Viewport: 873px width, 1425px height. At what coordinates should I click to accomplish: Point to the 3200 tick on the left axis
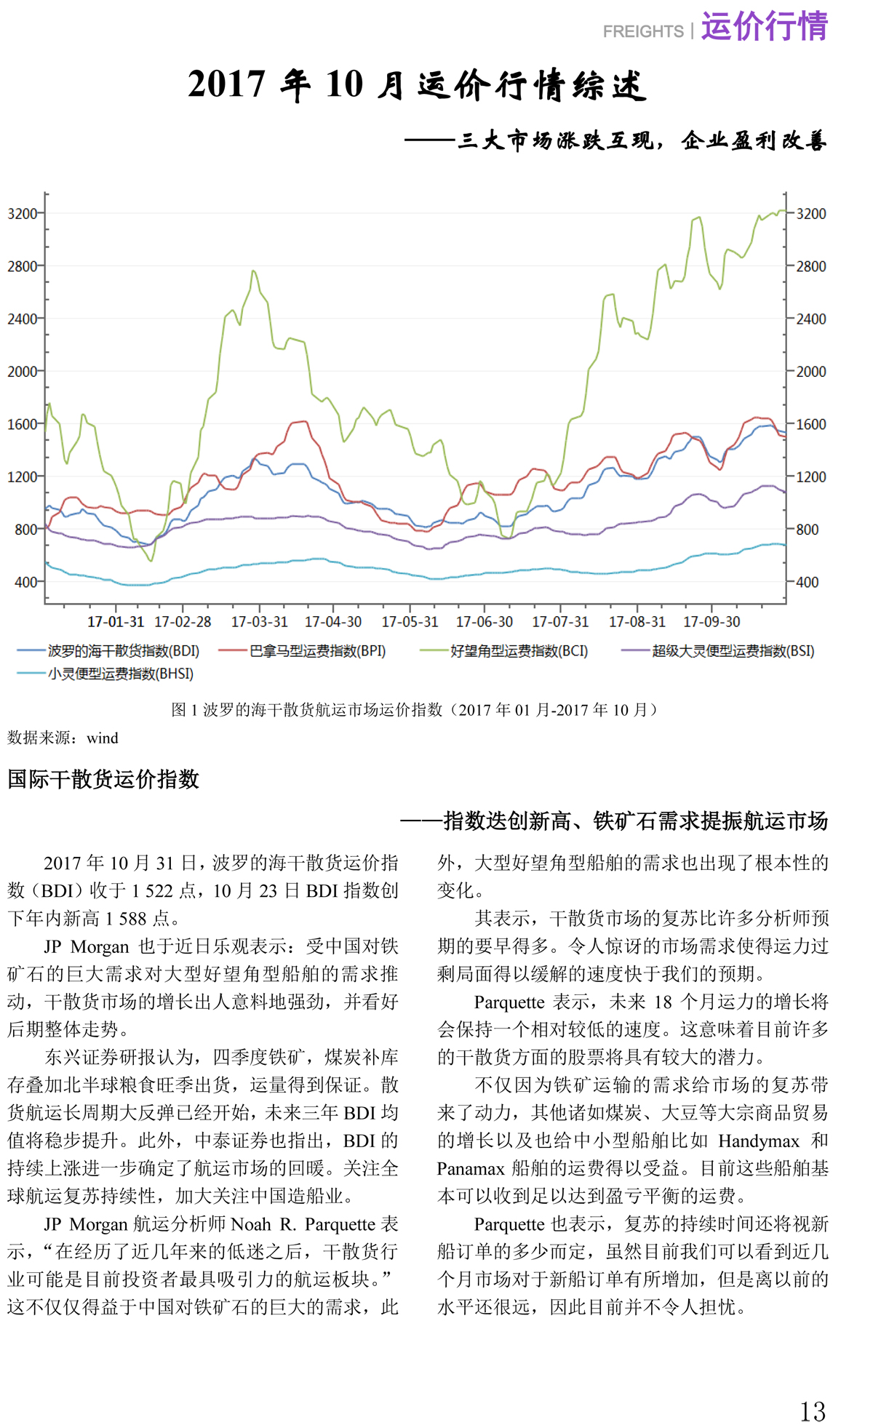(x=22, y=214)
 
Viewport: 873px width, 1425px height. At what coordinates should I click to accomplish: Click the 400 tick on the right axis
(x=811, y=582)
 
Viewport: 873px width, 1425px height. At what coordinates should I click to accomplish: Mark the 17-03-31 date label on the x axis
(x=260, y=622)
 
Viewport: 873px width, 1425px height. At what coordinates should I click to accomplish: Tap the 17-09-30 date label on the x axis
(x=711, y=622)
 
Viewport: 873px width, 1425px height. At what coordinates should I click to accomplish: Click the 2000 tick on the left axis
(x=22, y=372)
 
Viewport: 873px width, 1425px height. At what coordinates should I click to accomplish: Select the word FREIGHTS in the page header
(x=643, y=32)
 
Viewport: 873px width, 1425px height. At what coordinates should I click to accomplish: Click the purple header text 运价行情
(x=764, y=26)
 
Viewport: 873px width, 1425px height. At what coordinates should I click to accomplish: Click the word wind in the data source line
(x=102, y=738)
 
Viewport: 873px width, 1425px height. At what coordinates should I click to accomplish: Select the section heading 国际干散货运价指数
(x=103, y=779)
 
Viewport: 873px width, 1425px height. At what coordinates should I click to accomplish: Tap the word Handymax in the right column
(x=759, y=1141)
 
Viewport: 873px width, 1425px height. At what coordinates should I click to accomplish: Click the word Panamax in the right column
(x=471, y=1169)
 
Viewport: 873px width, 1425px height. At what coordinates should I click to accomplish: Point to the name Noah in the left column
(x=250, y=1225)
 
